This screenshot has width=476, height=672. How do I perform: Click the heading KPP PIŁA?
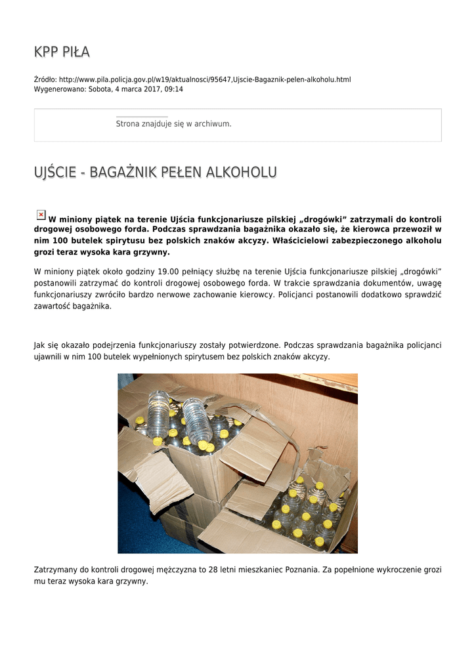point(62,52)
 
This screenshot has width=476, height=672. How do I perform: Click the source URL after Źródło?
point(205,79)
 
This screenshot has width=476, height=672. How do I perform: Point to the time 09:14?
point(174,89)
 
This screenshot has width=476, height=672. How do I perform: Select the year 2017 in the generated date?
point(152,89)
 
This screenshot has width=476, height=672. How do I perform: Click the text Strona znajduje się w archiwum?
point(173,123)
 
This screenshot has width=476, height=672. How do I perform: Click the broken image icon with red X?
point(41,215)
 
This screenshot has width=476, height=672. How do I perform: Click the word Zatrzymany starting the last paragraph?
point(54,570)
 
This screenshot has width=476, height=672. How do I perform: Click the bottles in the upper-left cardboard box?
point(181,423)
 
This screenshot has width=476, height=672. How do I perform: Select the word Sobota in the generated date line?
point(100,89)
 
